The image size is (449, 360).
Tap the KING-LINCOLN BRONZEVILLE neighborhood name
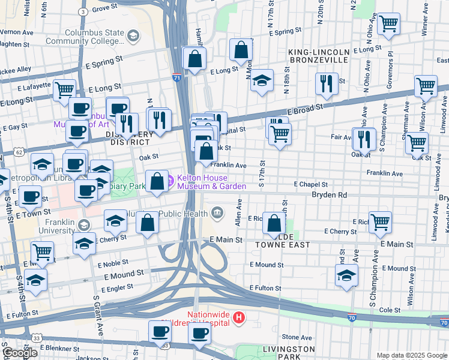pos(319,56)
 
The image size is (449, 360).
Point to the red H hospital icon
pos(239,317)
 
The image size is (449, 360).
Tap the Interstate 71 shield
pos(175,77)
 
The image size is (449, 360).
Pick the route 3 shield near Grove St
pos(83,11)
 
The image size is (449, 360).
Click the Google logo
pos(19,353)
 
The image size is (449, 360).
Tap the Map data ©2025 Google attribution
pos(412,355)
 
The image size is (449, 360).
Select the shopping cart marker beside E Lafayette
pos(64,91)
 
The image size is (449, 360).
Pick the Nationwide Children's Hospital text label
pos(209,319)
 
